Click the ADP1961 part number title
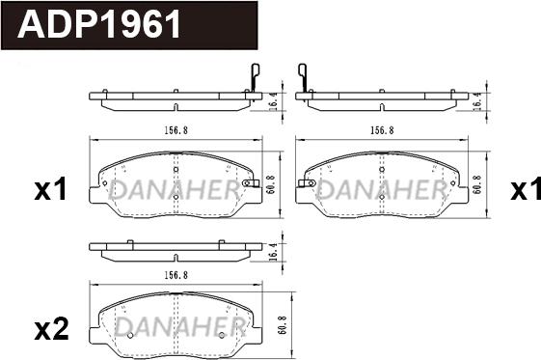pos(99,24)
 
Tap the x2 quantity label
pos(52,329)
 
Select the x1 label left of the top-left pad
pos(50,190)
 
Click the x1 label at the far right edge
pos(526,189)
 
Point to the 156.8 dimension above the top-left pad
pos(176,130)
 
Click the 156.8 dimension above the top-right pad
pos(382,130)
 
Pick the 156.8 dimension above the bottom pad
pos(176,275)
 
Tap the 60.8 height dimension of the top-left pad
pos(272,184)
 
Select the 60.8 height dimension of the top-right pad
pos(478,184)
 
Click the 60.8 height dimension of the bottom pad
pos(283,325)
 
